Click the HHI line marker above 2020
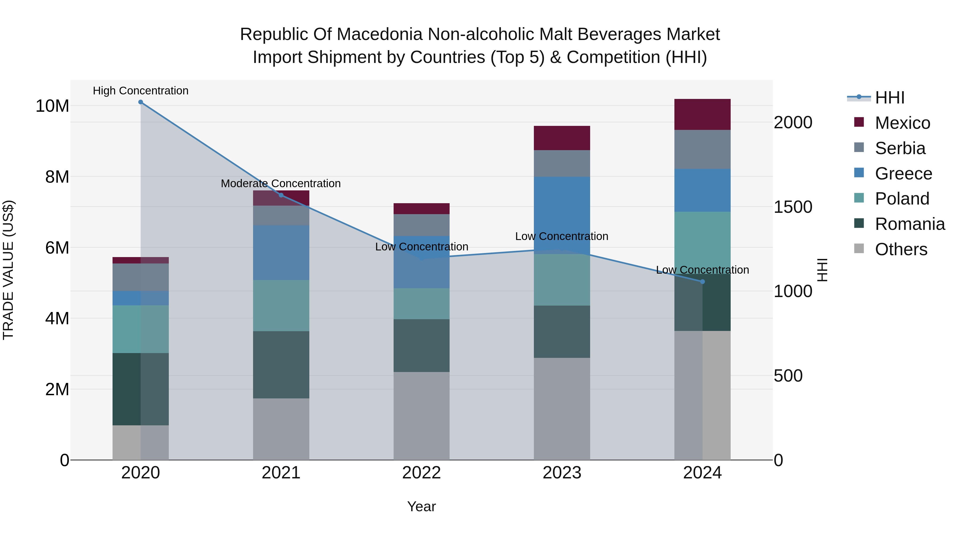pos(141,102)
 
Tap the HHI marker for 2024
pos(702,282)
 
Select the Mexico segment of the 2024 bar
pos(702,114)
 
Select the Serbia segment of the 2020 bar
pos(141,277)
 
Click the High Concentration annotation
pos(141,91)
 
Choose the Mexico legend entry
pos(902,123)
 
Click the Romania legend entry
pos(910,224)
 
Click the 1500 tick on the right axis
pos(793,207)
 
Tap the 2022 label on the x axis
pos(422,473)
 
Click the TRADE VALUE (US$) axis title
pos(8,270)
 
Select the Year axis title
pos(422,506)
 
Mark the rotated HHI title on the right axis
pos(822,270)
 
